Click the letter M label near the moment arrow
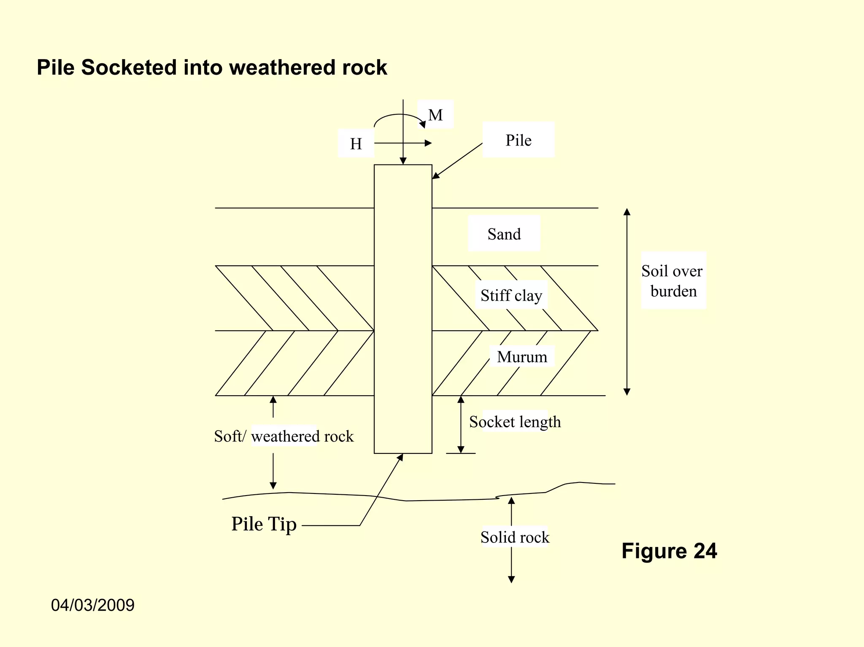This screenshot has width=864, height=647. [435, 115]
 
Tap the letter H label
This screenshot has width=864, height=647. [356, 144]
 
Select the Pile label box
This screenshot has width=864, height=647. [518, 140]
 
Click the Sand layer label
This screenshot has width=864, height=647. [504, 234]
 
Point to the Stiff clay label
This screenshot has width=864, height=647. [511, 295]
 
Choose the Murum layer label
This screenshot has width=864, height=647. [522, 357]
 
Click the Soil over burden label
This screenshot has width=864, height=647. [673, 281]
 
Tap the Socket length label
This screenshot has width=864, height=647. [515, 422]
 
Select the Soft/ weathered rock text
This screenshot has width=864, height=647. [283, 436]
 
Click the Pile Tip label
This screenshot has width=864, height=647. [264, 524]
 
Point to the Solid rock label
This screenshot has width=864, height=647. [515, 537]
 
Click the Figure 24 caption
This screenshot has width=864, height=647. [669, 551]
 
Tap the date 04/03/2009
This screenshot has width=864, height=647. [92, 605]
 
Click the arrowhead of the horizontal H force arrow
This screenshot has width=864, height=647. [428, 143]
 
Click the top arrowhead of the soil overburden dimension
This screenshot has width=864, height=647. [627, 212]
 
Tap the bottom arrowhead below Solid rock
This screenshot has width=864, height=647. [511, 580]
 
